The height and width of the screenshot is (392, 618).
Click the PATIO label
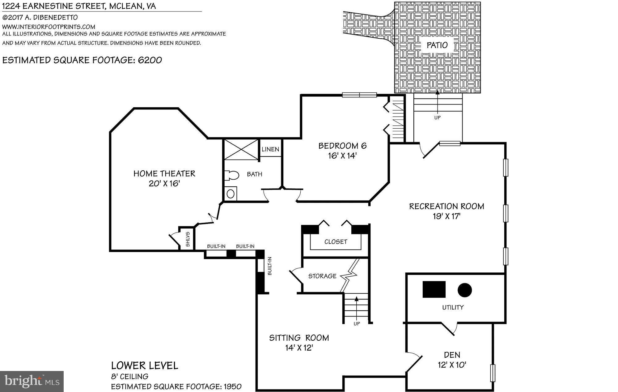437,45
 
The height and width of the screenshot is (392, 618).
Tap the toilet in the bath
232,176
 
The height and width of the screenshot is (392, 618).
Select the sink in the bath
231,194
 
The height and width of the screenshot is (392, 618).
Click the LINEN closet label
270,149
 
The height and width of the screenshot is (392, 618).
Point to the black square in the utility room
434,289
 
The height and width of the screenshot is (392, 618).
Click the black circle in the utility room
464,290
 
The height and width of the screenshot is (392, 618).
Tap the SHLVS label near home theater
188,239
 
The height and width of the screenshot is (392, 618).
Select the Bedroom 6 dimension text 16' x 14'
342,156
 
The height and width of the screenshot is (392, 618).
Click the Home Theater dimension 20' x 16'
164,183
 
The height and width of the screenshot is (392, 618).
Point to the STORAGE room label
322,276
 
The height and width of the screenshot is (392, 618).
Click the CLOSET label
336,242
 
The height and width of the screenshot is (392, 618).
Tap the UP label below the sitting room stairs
357,324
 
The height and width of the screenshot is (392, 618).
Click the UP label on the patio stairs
437,117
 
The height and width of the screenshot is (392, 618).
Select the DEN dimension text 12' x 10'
452,365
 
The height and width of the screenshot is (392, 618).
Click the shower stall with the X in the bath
241,150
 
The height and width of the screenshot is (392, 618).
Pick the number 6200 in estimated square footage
150,60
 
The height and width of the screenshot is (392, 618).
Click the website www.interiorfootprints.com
49,27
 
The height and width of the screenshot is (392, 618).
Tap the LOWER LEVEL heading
145,365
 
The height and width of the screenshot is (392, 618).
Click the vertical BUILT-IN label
269,266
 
